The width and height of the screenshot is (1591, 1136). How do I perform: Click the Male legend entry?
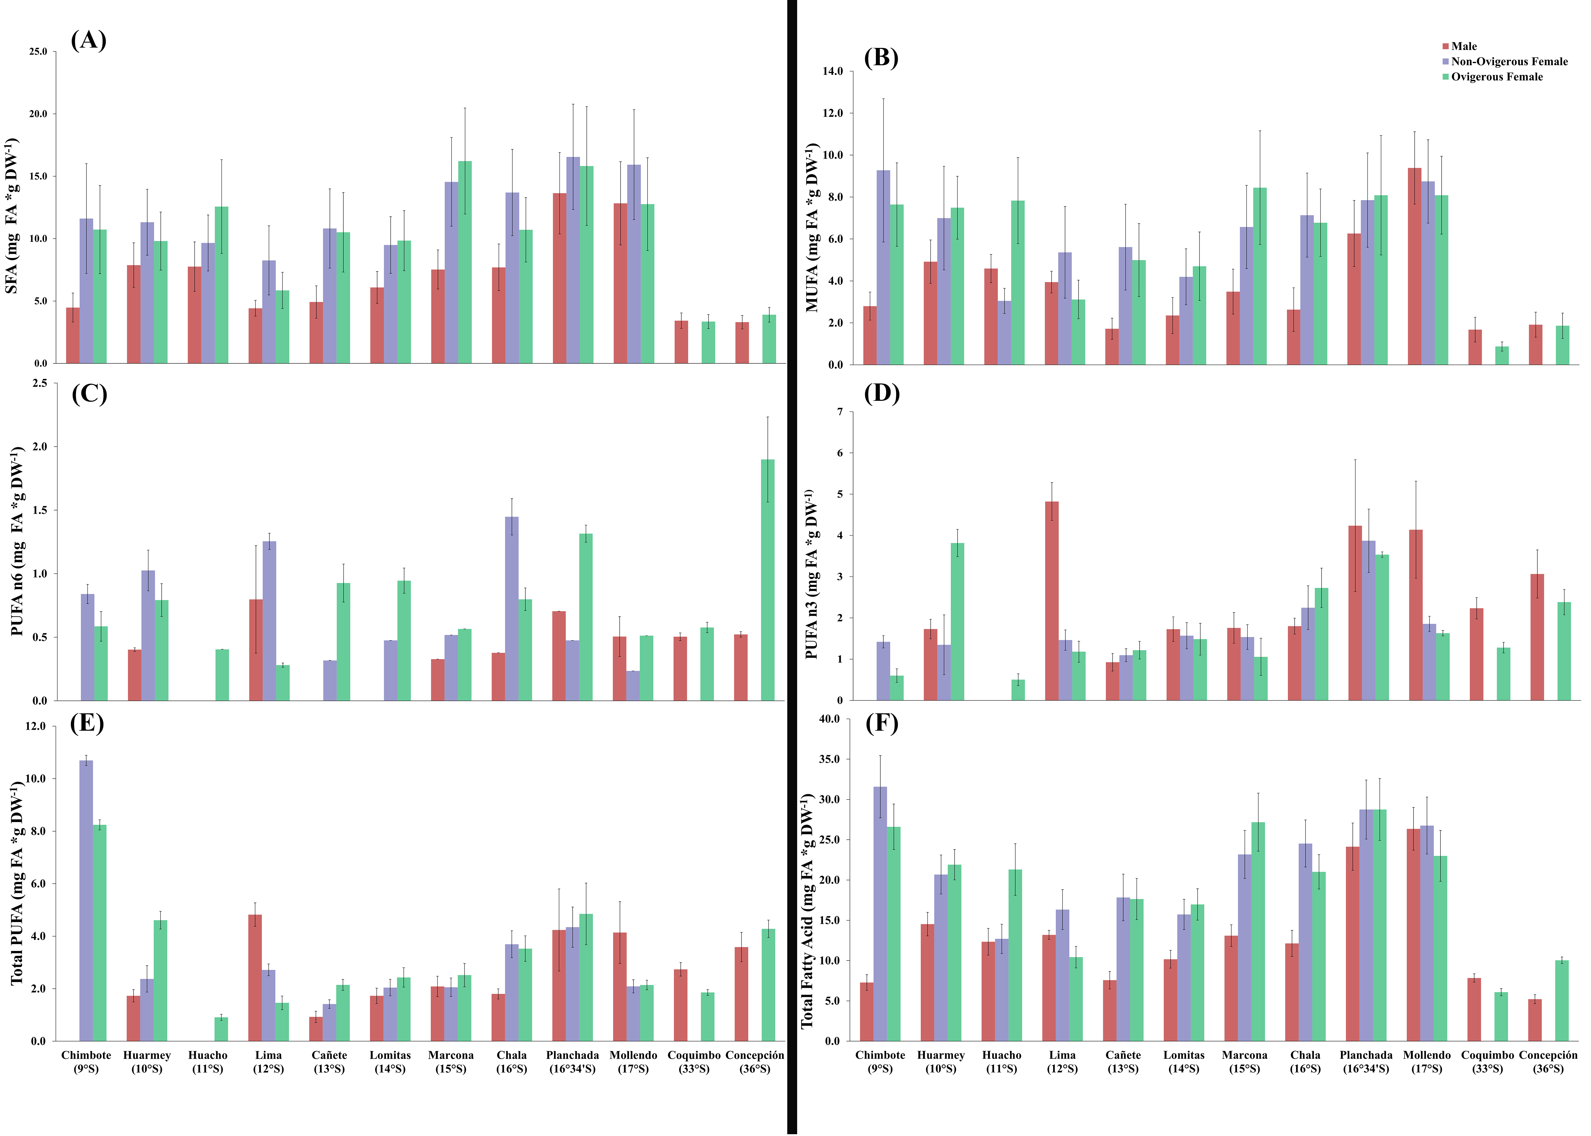point(1463,46)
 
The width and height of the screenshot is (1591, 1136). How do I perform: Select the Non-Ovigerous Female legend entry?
point(1508,62)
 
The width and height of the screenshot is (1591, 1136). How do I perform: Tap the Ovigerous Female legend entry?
point(1496,77)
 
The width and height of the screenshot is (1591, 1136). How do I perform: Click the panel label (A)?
point(89,40)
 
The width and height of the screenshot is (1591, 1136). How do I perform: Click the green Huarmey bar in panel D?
point(957,621)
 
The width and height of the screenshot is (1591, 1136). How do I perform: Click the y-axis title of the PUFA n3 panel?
point(811,574)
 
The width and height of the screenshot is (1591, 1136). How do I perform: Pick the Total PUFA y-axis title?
point(17,883)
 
